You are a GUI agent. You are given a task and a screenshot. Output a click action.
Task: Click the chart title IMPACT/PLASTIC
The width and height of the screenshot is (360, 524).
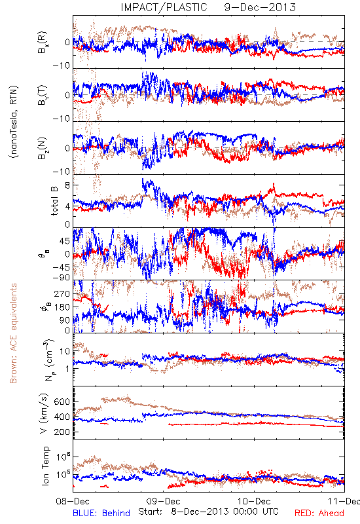164,7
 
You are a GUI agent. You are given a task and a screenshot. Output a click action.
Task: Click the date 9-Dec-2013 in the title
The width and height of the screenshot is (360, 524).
260,7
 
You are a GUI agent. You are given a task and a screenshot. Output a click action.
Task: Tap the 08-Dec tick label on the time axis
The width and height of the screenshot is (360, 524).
73,501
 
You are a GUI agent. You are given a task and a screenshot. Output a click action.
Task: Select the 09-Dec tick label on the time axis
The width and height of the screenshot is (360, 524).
163,501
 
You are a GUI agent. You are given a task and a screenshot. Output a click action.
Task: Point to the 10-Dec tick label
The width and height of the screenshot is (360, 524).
254,501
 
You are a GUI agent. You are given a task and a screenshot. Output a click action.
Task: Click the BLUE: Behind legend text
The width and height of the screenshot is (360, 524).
101,513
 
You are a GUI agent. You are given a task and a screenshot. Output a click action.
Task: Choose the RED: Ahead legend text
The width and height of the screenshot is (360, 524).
319,513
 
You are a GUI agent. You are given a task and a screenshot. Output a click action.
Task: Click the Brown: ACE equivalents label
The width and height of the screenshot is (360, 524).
13,333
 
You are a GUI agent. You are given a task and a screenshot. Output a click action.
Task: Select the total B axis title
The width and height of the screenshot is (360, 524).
54,201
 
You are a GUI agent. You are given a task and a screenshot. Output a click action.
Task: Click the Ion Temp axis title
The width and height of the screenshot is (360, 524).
45,466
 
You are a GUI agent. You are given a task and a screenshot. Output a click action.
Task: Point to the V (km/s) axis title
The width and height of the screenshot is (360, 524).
44,413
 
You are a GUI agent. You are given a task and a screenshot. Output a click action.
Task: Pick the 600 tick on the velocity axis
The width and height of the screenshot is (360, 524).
62,402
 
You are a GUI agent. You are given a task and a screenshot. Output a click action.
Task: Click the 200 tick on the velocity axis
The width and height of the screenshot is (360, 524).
62,432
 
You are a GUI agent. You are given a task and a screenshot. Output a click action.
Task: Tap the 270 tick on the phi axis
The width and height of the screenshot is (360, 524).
62,293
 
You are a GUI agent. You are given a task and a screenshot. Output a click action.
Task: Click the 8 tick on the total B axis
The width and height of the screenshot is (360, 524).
67,185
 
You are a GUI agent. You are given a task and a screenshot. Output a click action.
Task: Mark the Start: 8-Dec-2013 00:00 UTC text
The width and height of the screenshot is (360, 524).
208,512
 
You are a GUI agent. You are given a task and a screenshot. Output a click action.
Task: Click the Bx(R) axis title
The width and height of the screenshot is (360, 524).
43,43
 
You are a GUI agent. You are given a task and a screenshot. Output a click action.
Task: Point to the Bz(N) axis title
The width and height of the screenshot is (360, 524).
43,148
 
